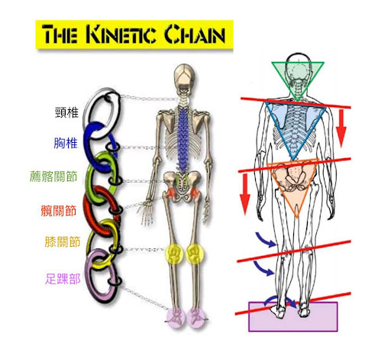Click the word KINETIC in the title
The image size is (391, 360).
coord(121,34)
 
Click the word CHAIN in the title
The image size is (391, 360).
coord(195,34)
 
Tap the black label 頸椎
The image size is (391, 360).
coord(67,112)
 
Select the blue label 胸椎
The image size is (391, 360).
coord(66,143)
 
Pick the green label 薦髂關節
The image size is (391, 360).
coord(53,177)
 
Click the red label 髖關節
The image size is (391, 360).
coord(59,211)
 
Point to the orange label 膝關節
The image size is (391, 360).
coord(63,242)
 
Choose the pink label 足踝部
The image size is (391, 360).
coord(63,279)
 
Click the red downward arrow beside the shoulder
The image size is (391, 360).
coord(341,128)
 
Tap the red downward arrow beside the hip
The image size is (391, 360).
coord(245,194)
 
